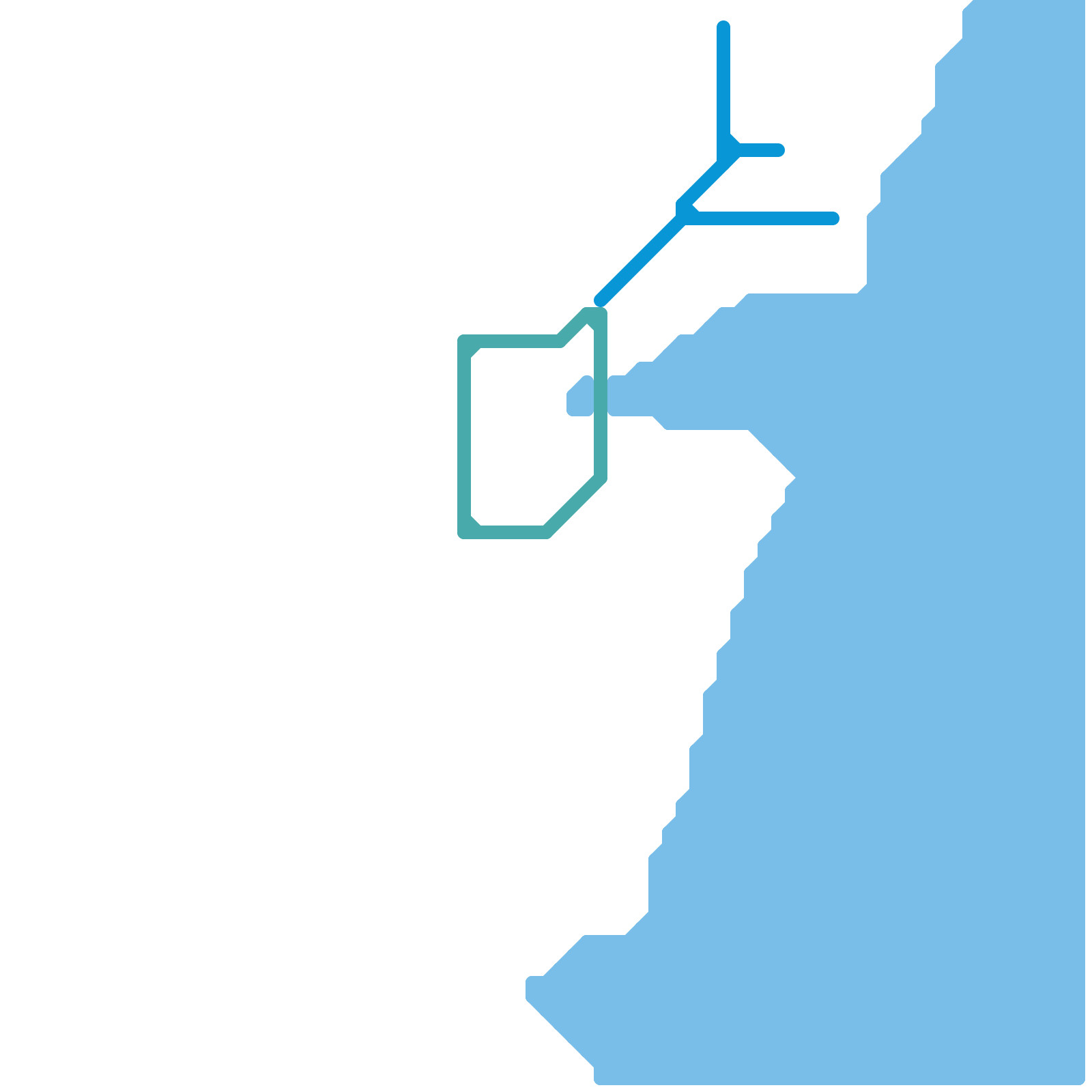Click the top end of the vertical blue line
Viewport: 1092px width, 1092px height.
click(723, 27)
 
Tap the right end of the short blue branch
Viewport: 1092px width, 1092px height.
click(778, 150)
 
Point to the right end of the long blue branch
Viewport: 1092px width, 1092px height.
click(833, 218)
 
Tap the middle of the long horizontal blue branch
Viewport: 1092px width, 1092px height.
click(761, 218)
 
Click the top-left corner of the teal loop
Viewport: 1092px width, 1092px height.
click(465, 343)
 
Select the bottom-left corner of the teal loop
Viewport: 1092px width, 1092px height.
click(465, 531)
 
